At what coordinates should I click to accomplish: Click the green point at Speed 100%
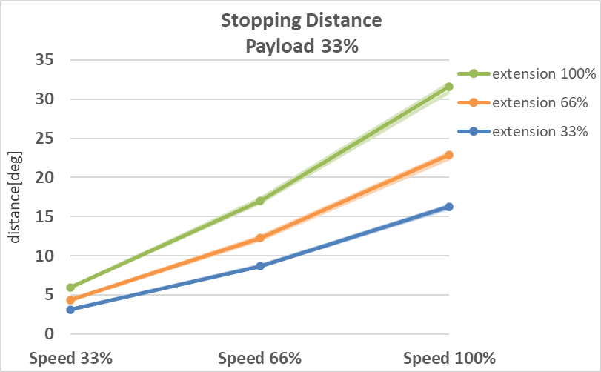click(x=449, y=87)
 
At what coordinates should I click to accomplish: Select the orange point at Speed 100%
click(x=449, y=155)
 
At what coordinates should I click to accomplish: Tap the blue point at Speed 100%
click(x=449, y=207)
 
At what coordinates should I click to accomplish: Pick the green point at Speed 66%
click(x=260, y=201)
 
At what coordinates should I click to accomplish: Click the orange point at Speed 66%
click(x=260, y=238)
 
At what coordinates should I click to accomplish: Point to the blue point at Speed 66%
click(x=260, y=266)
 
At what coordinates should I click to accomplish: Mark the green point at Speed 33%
click(x=70, y=288)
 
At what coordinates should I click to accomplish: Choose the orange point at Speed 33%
click(x=70, y=300)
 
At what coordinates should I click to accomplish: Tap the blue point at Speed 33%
click(x=70, y=310)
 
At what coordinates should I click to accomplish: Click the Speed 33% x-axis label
click(x=70, y=359)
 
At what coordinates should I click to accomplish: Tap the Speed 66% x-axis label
click(x=260, y=359)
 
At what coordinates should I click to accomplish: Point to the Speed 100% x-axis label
click(x=449, y=359)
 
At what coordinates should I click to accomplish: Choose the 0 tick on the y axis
click(x=50, y=334)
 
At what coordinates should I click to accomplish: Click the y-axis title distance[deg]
click(x=16, y=197)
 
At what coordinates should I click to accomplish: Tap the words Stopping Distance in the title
click(x=301, y=21)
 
